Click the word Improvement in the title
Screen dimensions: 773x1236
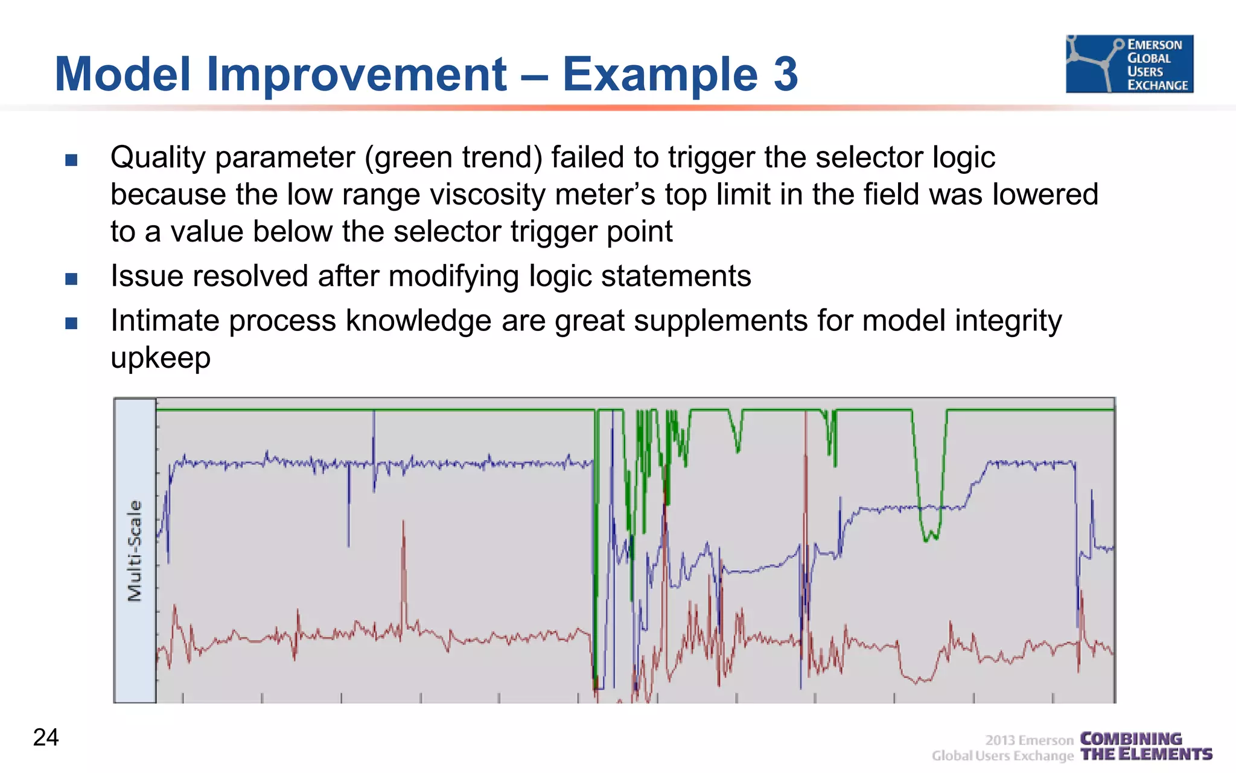click(x=356, y=74)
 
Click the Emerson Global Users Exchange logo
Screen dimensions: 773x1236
click(x=1129, y=64)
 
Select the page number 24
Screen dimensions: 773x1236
click(x=46, y=737)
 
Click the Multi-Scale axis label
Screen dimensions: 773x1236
click(x=135, y=551)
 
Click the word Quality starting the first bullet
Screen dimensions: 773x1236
click(x=158, y=158)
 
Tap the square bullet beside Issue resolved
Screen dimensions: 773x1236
click(x=71, y=278)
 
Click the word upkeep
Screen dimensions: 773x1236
click(x=161, y=358)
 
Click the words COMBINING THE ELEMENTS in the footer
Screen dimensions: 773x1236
click(x=1145, y=746)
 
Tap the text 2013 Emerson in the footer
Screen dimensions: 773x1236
click(x=1029, y=740)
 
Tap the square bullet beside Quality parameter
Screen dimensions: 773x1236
click(x=71, y=160)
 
